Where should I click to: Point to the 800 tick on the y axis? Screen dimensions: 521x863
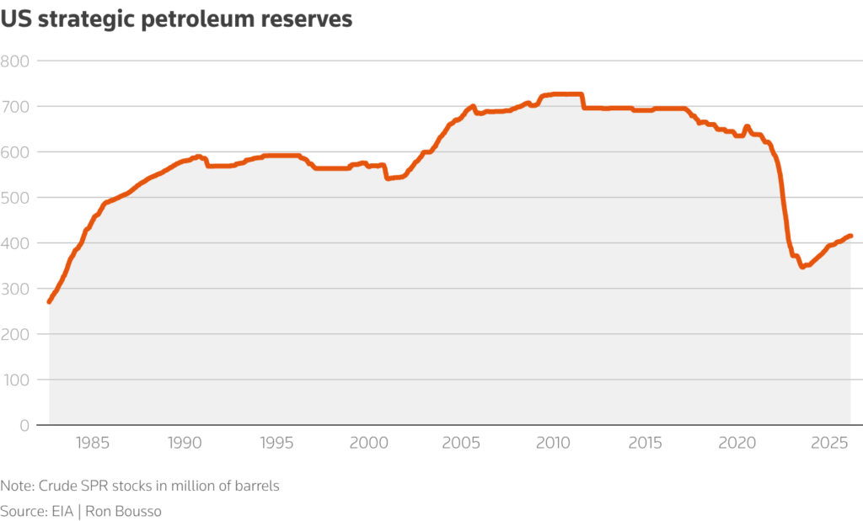15,61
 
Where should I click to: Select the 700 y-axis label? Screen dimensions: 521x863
15,107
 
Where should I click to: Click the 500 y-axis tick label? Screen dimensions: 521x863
15,198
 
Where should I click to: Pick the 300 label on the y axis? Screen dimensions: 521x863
15,289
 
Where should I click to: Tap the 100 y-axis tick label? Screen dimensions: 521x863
15,380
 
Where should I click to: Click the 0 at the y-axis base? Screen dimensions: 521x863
24,425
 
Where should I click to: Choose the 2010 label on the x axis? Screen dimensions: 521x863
554,444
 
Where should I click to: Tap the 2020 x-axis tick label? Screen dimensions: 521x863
738,444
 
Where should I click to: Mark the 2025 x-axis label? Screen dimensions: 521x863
830,444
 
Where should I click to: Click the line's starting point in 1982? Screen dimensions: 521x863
49,301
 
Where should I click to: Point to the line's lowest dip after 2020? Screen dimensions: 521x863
801,267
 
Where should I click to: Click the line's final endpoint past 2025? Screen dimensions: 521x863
851,236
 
